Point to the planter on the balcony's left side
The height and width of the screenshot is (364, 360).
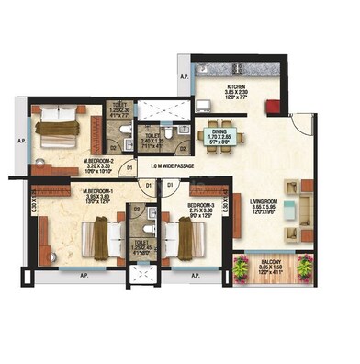(242, 269)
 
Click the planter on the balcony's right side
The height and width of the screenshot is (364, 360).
(303, 269)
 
